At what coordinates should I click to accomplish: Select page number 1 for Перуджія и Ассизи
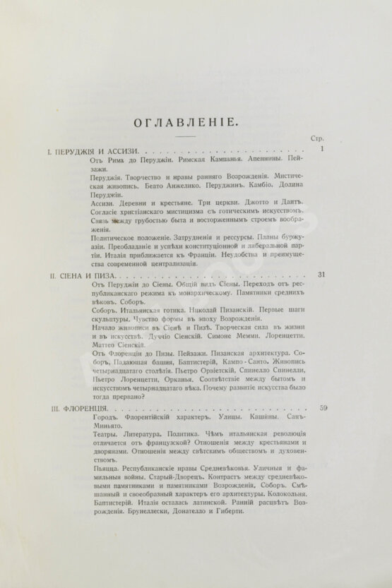pos(321,150)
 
